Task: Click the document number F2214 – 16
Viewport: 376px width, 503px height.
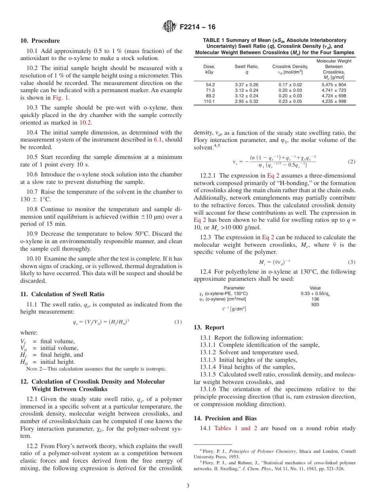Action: (197, 27)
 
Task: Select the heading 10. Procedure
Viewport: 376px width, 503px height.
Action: (40, 41)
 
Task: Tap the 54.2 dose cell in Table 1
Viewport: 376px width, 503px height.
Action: (210, 85)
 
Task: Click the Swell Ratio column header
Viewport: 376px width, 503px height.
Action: (247, 66)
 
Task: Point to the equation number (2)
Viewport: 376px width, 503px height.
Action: (351, 162)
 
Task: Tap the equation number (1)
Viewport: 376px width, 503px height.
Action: (178, 322)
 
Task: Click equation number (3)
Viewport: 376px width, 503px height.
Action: (351, 262)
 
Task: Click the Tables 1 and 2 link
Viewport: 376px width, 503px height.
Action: (235, 428)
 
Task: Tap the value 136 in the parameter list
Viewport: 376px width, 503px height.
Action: (315, 299)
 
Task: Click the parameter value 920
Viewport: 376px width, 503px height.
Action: (315, 304)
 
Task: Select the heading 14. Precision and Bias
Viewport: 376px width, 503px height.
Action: (225, 418)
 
